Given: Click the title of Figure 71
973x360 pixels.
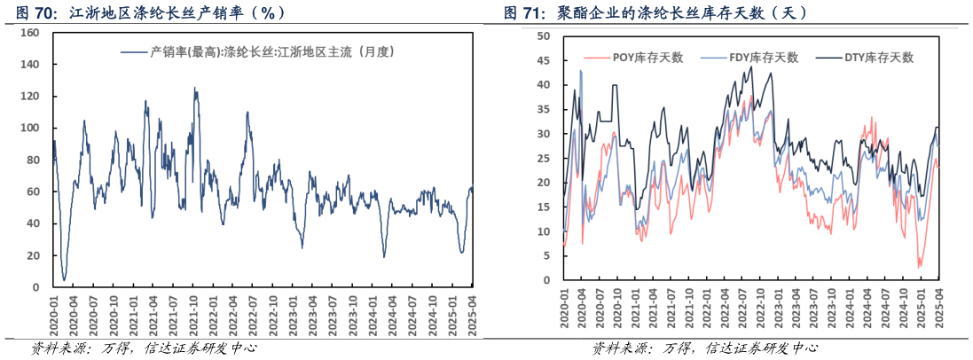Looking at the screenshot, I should pyautogui.click(x=655, y=12).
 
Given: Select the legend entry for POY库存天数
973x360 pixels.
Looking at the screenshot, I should pyautogui.click(x=647, y=58).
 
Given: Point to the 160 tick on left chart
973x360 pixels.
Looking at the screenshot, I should pyautogui.click(x=29, y=33).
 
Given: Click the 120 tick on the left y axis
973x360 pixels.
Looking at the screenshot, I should pyautogui.click(x=29, y=97).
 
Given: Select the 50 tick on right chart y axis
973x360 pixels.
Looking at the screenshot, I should pyautogui.click(x=545, y=36).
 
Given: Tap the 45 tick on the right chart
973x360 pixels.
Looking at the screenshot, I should pyautogui.click(x=545, y=61).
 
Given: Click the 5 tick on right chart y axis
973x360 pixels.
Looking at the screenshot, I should pyautogui.click(x=547, y=256).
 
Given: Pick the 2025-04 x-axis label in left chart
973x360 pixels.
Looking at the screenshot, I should pyautogui.click(x=473, y=315).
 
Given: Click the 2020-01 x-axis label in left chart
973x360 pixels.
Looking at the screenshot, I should pyautogui.click(x=53, y=315).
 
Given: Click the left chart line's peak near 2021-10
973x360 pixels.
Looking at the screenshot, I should pyautogui.click(x=195, y=88).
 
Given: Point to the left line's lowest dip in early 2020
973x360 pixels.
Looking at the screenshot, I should pyautogui.click(x=64, y=280).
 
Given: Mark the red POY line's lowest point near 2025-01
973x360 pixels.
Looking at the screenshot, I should pyautogui.click(x=919, y=267).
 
